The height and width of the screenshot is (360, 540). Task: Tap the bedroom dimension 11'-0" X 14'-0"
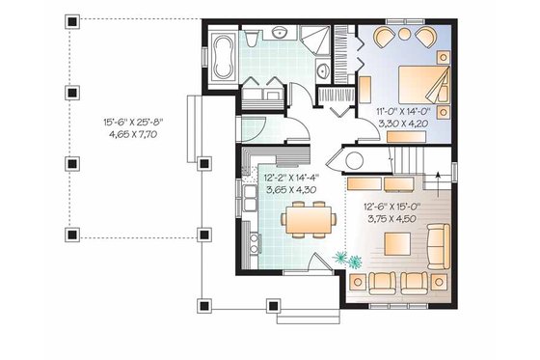pyautogui.click(x=406, y=112)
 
